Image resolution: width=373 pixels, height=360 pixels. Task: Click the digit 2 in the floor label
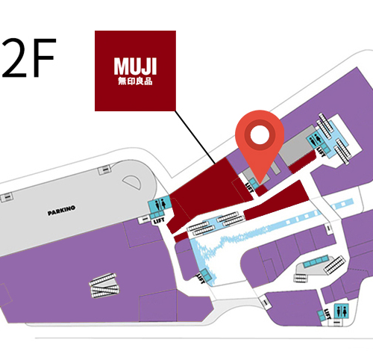click(x=13, y=58)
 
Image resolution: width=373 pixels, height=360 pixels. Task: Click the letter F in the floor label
click(x=43, y=58)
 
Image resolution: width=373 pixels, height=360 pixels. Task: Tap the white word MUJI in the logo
click(x=135, y=66)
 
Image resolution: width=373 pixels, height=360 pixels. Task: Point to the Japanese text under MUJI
click(x=135, y=81)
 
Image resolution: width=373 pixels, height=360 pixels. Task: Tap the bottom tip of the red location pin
click(x=260, y=184)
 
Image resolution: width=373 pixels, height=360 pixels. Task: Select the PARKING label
click(x=61, y=211)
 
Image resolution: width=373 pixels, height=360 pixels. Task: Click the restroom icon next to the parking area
click(x=160, y=204)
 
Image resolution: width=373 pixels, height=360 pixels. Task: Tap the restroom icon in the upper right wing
click(x=314, y=140)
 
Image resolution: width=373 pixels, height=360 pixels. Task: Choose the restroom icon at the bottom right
click(x=342, y=311)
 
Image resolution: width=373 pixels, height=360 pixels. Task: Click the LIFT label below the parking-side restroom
click(x=159, y=220)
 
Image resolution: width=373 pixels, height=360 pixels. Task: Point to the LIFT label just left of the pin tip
click(x=250, y=187)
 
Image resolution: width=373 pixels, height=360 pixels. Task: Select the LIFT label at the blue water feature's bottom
click(x=201, y=279)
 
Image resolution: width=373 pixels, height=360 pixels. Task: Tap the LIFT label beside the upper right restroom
click(x=321, y=152)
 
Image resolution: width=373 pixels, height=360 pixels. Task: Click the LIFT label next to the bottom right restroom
click(x=327, y=314)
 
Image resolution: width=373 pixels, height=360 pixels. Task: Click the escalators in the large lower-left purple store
click(x=104, y=285)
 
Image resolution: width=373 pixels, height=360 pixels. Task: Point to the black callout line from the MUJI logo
click(x=195, y=137)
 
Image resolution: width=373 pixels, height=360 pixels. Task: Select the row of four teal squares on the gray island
click(x=315, y=262)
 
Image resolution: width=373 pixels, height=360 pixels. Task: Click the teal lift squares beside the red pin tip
click(x=254, y=183)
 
